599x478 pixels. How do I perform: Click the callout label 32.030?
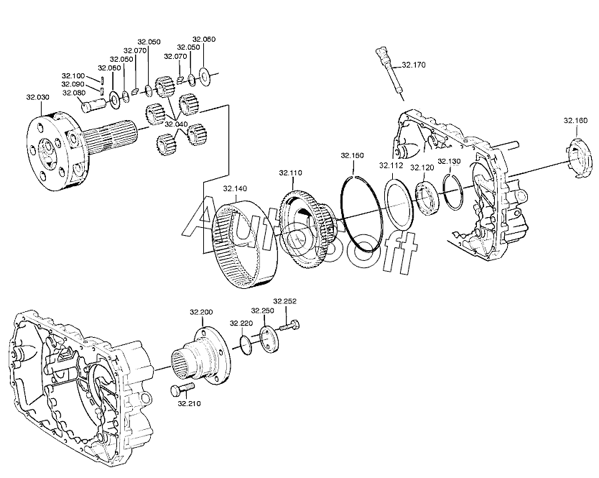pyautogui.click(x=37, y=97)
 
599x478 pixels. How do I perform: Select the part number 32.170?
pyautogui.click(x=414, y=65)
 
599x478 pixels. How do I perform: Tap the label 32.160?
pyautogui.click(x=575, y=121)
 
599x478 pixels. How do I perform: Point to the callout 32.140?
pyautogui.click(x=235, y=188)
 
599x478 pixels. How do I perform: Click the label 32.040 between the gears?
pyautogui.click(x=176, y=124)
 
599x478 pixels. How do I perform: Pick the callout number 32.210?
pyautogui.click(x=189, y=403)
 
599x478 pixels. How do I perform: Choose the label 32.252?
pyautogui.click(x=284, y=301)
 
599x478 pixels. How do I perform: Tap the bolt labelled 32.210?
pyautogui.click(x=182, y=390)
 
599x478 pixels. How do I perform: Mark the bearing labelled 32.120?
pyautogui.click(x=427, y=199)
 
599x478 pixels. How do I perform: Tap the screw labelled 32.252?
pyautogui.click(x=290, y=326)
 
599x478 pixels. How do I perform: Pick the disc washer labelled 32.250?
pyautogui.click(x=270, y=339)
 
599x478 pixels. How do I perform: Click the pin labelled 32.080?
pyautogui.click(x=93, y=105)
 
